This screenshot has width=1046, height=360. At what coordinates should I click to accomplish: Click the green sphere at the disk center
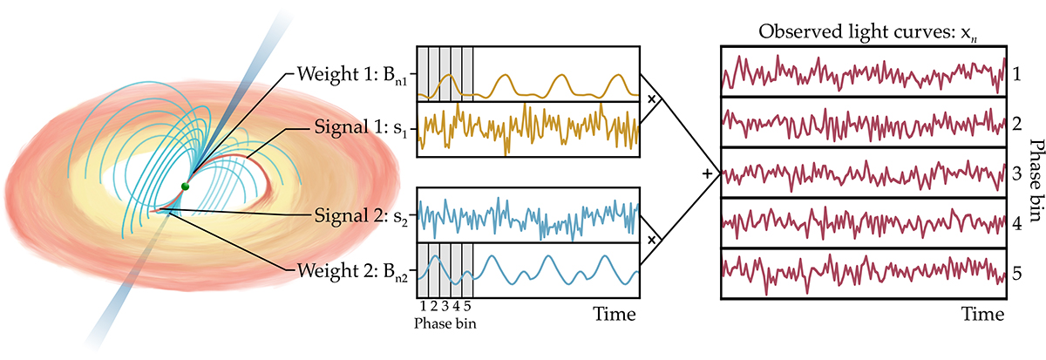pyautogui.click(x=186, y=187)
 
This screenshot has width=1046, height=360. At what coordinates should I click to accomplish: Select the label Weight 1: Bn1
pyautogui.click(x=352, y=75)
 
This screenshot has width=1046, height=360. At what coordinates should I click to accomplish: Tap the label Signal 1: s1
pyautogui.click(x=361, y=127)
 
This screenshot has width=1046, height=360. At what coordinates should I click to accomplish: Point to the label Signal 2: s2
pyautogui.click(x=361, y=216)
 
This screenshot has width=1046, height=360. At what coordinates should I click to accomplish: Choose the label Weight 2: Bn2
pyautogui.click(x=352, y=271)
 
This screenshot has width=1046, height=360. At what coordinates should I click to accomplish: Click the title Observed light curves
pyautogui.click(x=868, y=32)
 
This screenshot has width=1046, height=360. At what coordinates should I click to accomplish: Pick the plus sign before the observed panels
pyautogui.click(x=708, y=174)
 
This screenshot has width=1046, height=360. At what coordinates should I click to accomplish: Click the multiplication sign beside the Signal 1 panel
pyautogui.click(x=652, y=99)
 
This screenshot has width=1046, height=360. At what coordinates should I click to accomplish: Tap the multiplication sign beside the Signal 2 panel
pyautogui.click(x=652, y=240)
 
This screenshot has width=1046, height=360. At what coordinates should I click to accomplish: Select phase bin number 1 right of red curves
pyautogui.click(x=1016, y=73)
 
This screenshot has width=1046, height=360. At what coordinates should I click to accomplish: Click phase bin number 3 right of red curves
pyautogui.click(x=1017, y=173)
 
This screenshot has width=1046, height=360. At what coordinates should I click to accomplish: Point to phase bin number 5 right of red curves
pyautogui.click(x=1017, y=273)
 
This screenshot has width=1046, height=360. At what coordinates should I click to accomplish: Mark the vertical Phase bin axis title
pyautogui.click(x=1036, y=180)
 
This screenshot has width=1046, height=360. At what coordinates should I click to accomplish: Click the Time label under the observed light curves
pyautogui.click(x=983, y=314)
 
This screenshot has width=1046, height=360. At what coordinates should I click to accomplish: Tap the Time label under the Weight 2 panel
pyautogui.click(x=615, y=314)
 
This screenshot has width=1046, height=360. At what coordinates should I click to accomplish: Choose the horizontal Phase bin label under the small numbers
pyautogui.click(x=445, y=323)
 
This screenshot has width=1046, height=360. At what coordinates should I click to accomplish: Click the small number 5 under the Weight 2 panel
pyautogui.click(x=467, y=306)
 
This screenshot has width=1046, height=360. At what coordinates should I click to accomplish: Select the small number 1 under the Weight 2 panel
pyautogui.click(x=423, y=306)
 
